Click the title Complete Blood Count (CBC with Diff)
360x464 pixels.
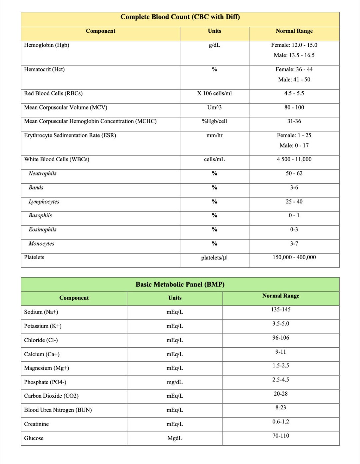pyautogui.click(x=180, y=17)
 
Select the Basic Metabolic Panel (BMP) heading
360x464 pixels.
pyautogui.click(x=180, y=285)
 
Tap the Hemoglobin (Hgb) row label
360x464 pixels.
pyautogui.click(x=47, y=45)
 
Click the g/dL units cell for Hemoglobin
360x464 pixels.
pyautogui.click(x=214, y=45)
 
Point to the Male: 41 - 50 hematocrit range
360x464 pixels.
pyautogui.click(x=294, y=80)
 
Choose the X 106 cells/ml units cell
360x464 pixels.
pyautogui.click(x=214, y=93)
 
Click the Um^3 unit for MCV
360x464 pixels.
pyautogui.click(x=214, y=107)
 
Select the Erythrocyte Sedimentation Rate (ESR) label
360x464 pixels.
pyautogui.click(x=70, y=135)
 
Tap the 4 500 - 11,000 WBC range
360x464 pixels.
pyautogui.click(x=294, y=159)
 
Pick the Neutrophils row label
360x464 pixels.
pyautogui.click(x=43, y=173)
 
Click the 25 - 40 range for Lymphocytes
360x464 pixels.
pyautogui.click(x=294, y=201)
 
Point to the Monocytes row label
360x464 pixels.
pyautogui.click(x=41, y=244)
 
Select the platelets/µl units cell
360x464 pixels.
pyautogui.click(x=214, y=258)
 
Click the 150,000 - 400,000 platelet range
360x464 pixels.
pyautogui.click(x=294, y=258)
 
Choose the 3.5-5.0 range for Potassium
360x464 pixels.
pyautogui.click(x=281, y=324)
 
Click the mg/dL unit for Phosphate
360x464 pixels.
pyautogui.click(x=175, y=382)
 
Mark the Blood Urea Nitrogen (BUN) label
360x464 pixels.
pyautogui.click(x=58, y=410)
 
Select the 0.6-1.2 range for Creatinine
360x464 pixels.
pyautogui.click(x=281, y=422)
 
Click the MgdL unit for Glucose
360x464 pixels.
pyautogui.click(x=175, y=438)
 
